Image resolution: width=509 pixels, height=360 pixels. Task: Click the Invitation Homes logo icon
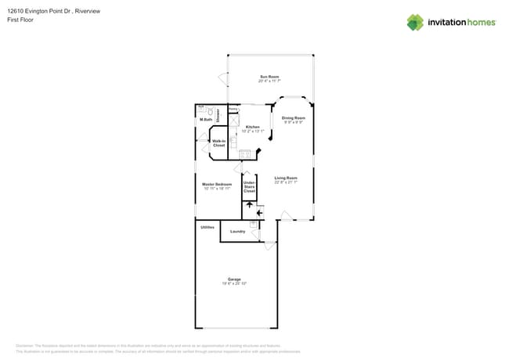tap(415, 22)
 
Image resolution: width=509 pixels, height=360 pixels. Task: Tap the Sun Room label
tap(269, 77)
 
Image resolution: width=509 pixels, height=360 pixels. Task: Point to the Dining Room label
tap(293, 117)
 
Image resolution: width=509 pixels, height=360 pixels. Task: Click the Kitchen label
tap(252, 127)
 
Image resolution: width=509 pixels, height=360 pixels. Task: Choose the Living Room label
tap(286, 178)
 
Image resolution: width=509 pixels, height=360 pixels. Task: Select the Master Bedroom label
tap(217, 184)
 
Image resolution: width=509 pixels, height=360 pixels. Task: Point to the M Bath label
tap(206, 120)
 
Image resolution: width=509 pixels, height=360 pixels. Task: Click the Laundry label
tap(237, 231)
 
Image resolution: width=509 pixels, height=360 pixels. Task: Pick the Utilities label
tap(208, 227)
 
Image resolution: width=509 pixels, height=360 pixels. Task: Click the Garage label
tap(234, 279)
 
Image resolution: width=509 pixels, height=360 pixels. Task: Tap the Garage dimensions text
tap(234, 283)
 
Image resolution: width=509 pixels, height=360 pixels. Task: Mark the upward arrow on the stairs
tap(250, 204)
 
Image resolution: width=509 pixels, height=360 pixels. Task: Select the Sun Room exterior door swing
tap(222, 78)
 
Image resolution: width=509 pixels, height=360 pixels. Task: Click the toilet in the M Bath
tap(211, 111)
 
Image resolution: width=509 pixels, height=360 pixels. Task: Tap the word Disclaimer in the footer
tap(25, 345)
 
